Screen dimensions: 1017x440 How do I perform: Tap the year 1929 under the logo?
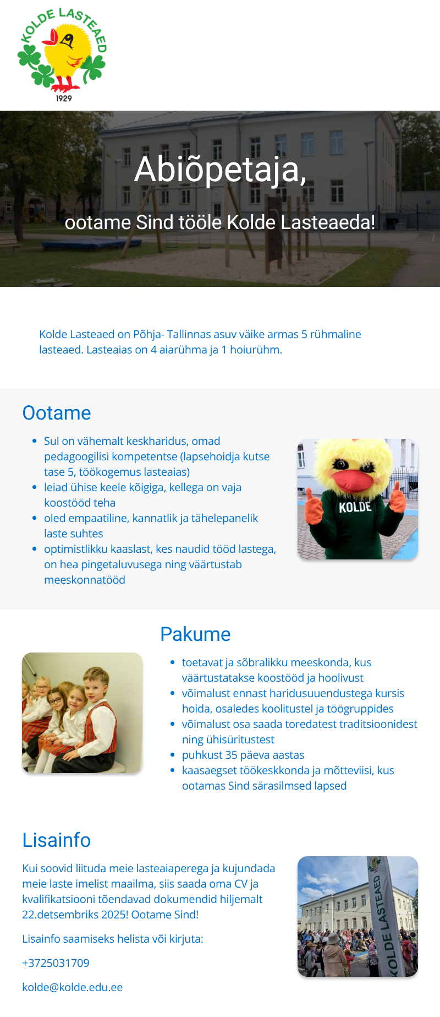[x=64, y=99]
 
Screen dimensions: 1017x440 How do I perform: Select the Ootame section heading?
[x=57, y=413]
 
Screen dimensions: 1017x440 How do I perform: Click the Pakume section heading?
[x=195, y=634]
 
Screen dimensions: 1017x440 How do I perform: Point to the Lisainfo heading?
[x=57, y=840]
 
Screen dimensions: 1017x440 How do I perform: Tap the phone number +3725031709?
[x=56, y=963]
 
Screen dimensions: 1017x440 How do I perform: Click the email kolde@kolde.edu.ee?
[x=72, y=987]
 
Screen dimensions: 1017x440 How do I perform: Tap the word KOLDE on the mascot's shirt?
[x=355, y=507]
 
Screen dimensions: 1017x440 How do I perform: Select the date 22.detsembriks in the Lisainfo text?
[x=60, y=915]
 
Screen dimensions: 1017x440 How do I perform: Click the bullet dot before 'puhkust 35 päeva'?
[x=173, y=755]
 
